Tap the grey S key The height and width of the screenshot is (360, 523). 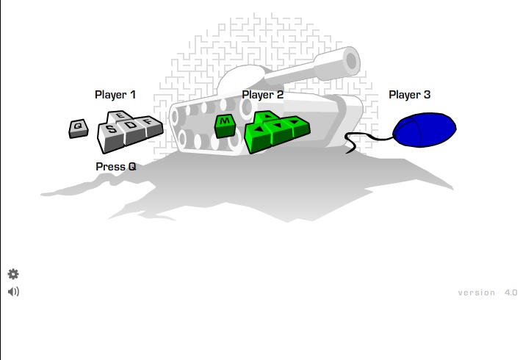[110, 130]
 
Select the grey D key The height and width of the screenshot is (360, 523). [131, 126]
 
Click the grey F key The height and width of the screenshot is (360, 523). [149, 122]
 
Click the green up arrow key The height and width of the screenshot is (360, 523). [267, 117]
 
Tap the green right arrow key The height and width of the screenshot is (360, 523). [297, 123]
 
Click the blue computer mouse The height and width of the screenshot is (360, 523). [425, 131]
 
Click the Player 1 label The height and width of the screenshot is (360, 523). [115, 95]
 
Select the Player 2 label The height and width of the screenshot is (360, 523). [262, 95]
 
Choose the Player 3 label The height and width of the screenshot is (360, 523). [409, 95]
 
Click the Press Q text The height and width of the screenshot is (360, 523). [115, 167]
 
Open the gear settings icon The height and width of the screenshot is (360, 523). [13, 274]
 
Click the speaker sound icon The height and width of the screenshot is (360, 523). [13, 292]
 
